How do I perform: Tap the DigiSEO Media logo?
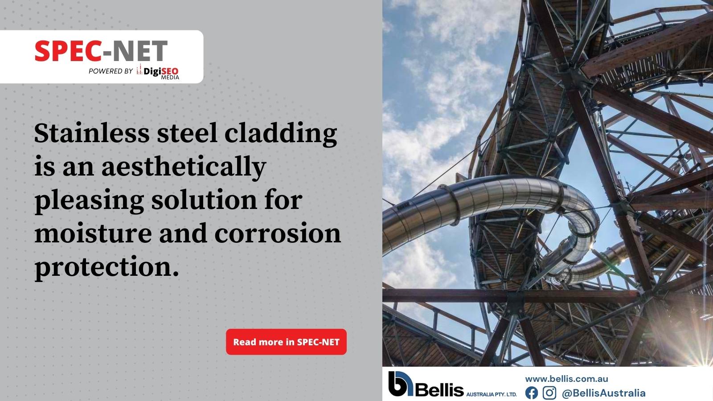(158, 72)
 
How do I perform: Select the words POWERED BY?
(111, 71)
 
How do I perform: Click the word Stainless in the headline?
(92, 133)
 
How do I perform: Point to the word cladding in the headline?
(280, 134)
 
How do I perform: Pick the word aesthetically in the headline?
(184, 168)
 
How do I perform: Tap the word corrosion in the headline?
(278, 233)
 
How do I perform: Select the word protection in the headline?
(107, 267)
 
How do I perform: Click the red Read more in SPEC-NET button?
(286, 342)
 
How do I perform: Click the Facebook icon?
(532, 393)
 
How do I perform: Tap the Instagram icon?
(549, 393)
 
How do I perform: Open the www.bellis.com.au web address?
(566, 379)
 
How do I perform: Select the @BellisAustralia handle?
(603, 393)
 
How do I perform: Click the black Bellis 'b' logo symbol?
(400, 384)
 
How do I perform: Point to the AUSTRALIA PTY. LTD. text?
(492, 394)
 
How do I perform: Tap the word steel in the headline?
(187, 133)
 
